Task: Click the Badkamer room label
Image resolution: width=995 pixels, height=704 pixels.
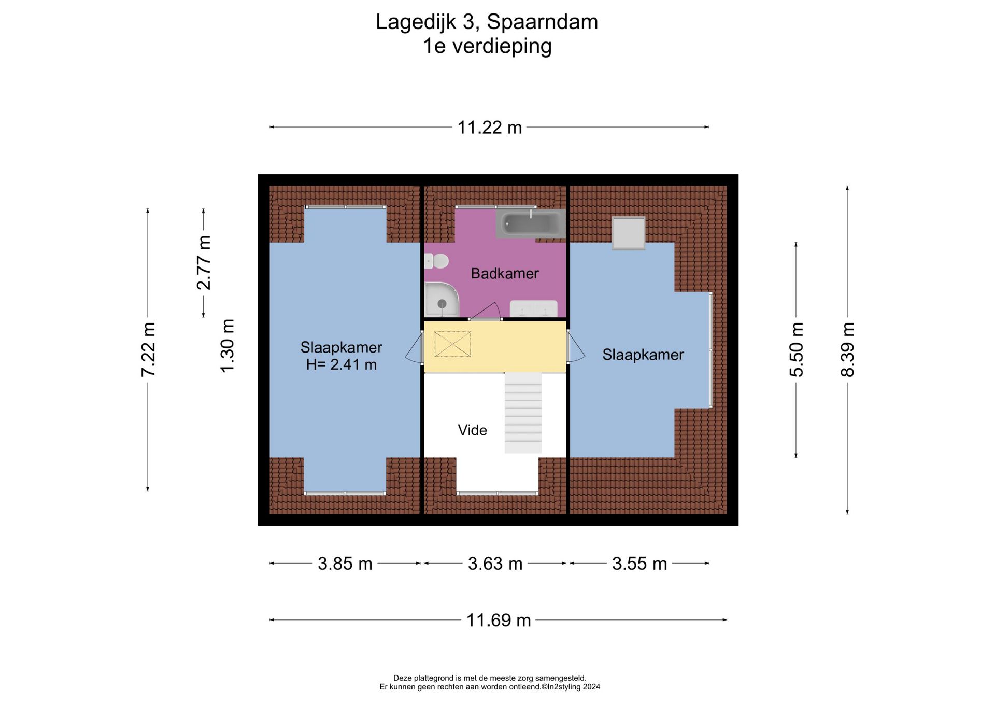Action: pos(504,273)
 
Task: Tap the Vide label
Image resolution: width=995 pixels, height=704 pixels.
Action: pos(472,430)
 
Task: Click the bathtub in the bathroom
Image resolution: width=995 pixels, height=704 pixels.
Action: pos(530,224)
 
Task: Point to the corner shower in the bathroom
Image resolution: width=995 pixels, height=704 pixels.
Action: pos(441,300)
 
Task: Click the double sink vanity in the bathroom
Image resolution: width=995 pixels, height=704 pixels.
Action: pos(534,308)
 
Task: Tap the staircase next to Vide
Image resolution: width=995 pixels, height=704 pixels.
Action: pos(523,413)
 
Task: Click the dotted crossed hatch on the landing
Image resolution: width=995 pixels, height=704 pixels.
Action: pos(452,344)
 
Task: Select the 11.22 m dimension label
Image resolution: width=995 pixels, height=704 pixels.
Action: pos(489,128)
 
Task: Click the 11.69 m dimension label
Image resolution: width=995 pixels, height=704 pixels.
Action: pos(499,620)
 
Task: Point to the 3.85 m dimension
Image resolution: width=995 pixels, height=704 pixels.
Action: pos(345,564)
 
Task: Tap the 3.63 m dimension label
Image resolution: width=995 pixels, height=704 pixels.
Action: pos(495,564)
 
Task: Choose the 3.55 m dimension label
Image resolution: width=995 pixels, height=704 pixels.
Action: pos(639,564)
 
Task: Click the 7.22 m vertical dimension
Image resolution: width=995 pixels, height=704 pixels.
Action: pos(148,349)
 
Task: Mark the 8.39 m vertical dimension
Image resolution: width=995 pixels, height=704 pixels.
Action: pos(847,349)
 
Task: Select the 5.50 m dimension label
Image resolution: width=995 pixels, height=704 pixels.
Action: pos(797,349)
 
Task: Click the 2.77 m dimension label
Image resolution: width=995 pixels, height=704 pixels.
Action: pos(204,262)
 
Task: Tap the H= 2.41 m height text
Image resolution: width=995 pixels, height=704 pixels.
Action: pos(341,364)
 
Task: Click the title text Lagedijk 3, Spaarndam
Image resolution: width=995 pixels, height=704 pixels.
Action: pos(487,22)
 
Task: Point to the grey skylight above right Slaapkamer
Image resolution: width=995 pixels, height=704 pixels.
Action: pos(629,233)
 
